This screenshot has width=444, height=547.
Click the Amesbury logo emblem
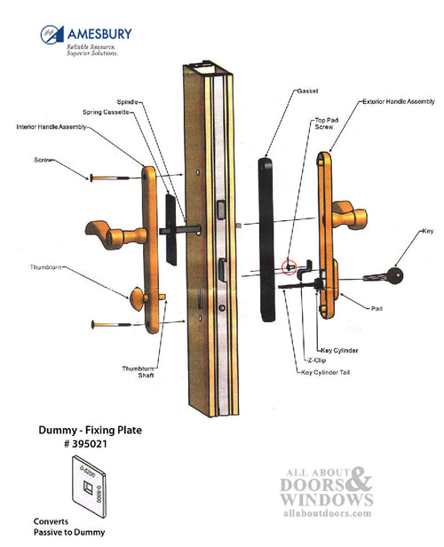52,34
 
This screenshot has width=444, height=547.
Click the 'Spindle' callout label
127,102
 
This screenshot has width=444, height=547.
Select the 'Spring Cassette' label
106,112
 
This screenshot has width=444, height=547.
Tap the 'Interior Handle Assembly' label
52,127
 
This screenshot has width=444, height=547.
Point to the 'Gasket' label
307,91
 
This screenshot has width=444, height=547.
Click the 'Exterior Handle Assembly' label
399,101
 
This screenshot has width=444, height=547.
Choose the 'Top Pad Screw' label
327,123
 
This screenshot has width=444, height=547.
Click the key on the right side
384,276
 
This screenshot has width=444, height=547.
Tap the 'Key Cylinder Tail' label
325,373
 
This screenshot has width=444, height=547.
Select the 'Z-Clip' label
317,361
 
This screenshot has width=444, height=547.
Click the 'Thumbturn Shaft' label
138,372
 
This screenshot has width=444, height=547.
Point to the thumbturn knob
137,299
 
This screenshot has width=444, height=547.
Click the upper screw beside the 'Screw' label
109,178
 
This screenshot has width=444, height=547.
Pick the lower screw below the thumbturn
111,324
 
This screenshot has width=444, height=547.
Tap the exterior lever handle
350,214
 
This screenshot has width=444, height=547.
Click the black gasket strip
266,240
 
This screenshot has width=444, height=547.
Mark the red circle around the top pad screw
289,267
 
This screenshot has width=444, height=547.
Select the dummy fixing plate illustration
89,487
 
